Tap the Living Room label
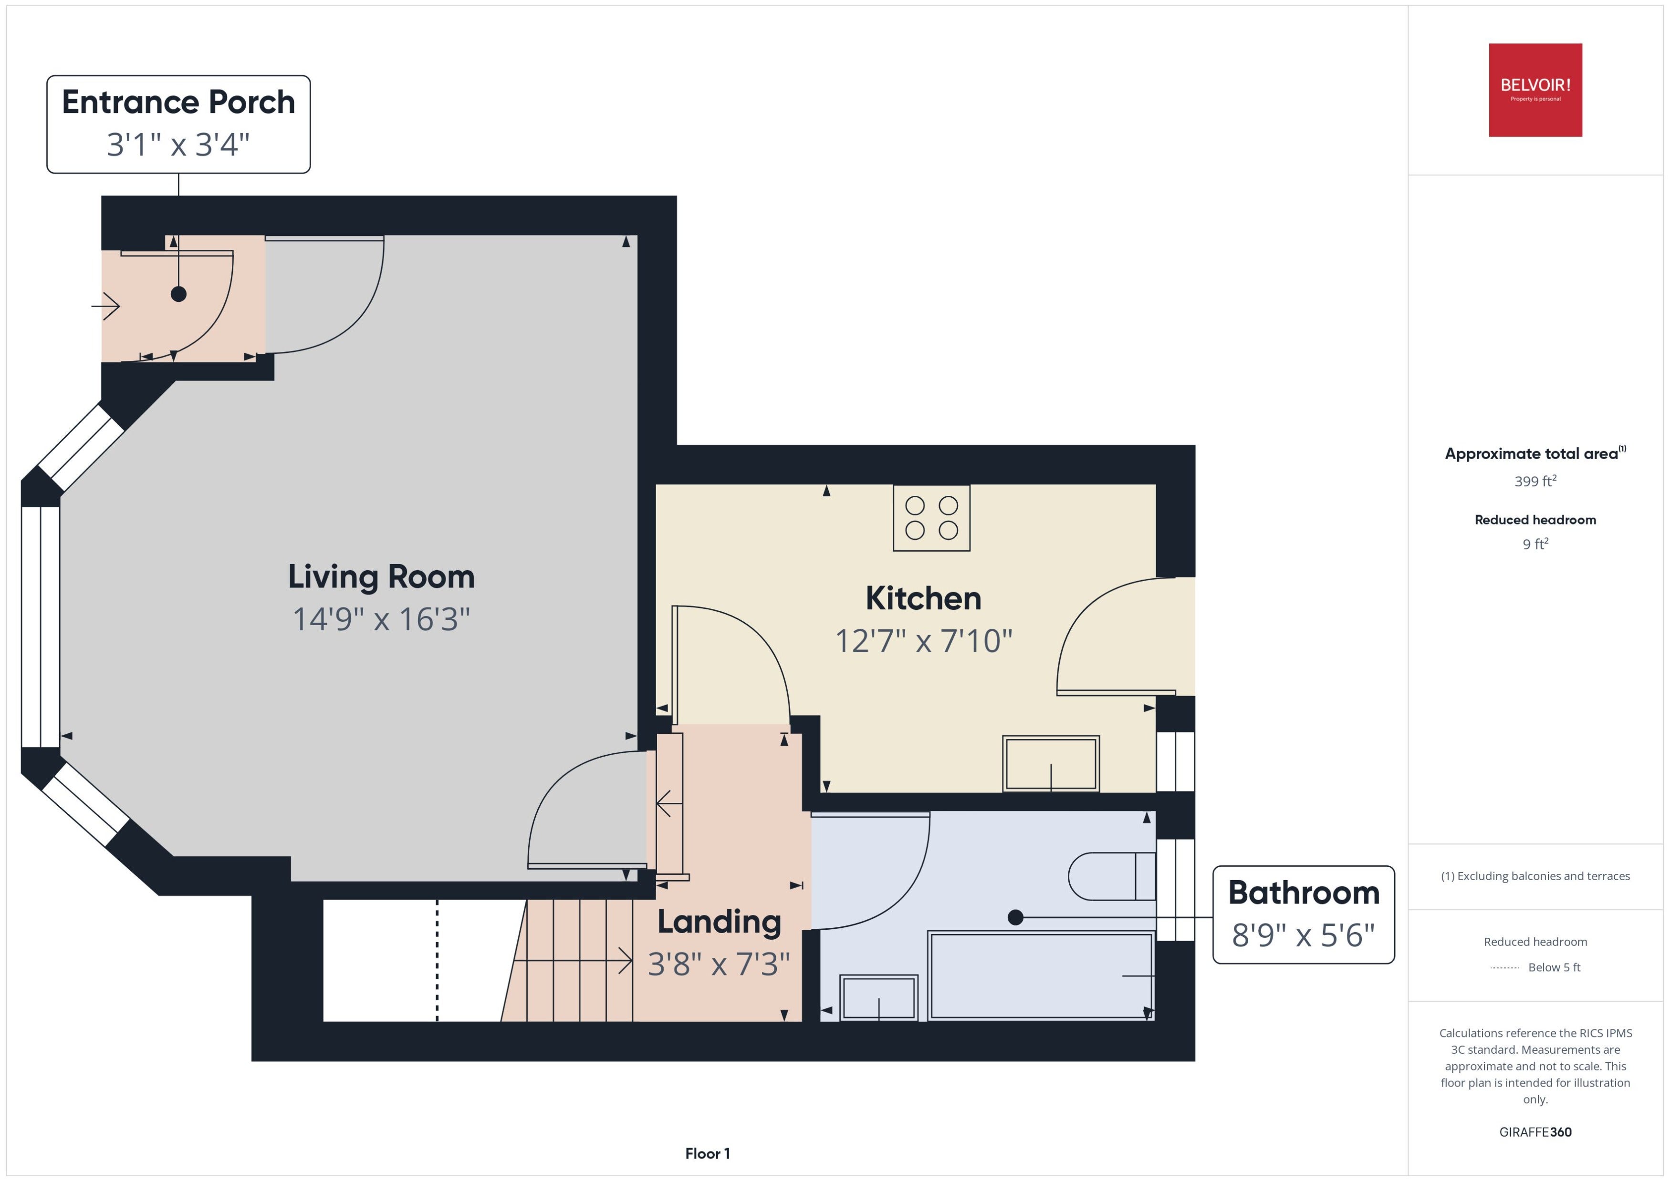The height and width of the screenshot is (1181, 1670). pyautogui.click(x=381, y=577)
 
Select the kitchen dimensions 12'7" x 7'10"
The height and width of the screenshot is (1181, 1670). pyautogui.click(x=923, y=641)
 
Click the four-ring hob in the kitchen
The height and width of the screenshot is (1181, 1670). pyautogui.click(x=931, y=518)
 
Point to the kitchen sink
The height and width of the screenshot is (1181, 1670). pyautogui.click(x=1051, y=764)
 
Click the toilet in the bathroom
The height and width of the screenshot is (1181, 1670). pyautogui.click(x=1111, y=876)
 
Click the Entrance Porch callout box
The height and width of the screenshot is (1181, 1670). pyautogui.click(x=178, y=124)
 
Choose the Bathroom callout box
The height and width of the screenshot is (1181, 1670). pyautogui.click(x=1303, y=915)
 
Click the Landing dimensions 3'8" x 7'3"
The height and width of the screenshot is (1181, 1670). pyautogui.click(x=719, y=964)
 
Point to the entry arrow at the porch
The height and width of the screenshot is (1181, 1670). pyautogui.click(x=105, y=306)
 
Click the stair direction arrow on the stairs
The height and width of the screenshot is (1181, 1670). pyautogui.click(x=573, y=961)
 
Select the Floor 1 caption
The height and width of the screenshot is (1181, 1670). pyautogui.click(x=707, y=1153)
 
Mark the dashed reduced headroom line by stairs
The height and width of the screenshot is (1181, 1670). pyautogui.click(x=438, y=961)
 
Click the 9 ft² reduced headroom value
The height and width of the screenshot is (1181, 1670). pyautogui.click(x=1535, y=544)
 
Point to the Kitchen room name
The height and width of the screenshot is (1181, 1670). pyautogui.click(x=923, y=598)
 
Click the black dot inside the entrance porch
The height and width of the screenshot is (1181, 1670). pyautogui.click(x=178, y=294)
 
